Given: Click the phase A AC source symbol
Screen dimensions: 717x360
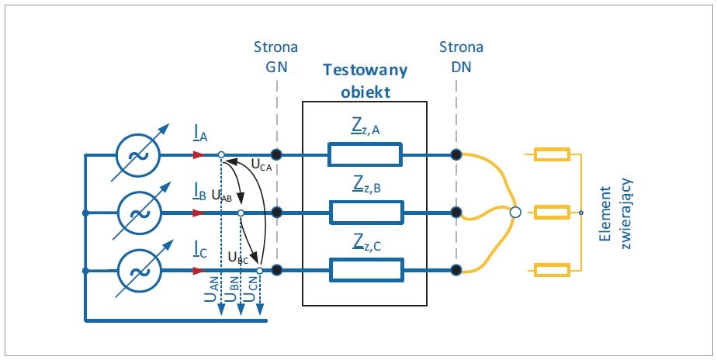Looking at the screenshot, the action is pos(138,154).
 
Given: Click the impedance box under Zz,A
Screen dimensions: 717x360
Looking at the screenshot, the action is pos(365,154).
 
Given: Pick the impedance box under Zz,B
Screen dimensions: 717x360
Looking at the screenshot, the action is pos(366,213).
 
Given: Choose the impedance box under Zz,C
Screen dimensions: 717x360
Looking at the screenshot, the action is pos(366,270).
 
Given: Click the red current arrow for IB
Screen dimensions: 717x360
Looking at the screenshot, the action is pos(198,213).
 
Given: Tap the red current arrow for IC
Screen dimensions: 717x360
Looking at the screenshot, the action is pos(198,270).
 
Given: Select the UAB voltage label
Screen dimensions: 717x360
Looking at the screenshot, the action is pos(222,196).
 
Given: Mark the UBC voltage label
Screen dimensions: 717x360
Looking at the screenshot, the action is pos(238,258).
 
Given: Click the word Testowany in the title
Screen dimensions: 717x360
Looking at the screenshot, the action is pos(365,70).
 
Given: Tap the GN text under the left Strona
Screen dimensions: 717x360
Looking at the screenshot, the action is pos(276,67).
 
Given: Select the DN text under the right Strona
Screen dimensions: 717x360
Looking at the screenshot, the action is pos(461,67).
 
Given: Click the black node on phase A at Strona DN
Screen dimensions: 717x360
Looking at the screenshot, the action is pos(456,154).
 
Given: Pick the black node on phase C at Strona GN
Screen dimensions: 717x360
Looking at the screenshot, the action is pos(275,270).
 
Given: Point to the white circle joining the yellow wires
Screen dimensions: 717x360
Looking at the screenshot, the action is pos(515,213).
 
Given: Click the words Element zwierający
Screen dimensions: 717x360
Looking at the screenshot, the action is pos(615,213).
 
